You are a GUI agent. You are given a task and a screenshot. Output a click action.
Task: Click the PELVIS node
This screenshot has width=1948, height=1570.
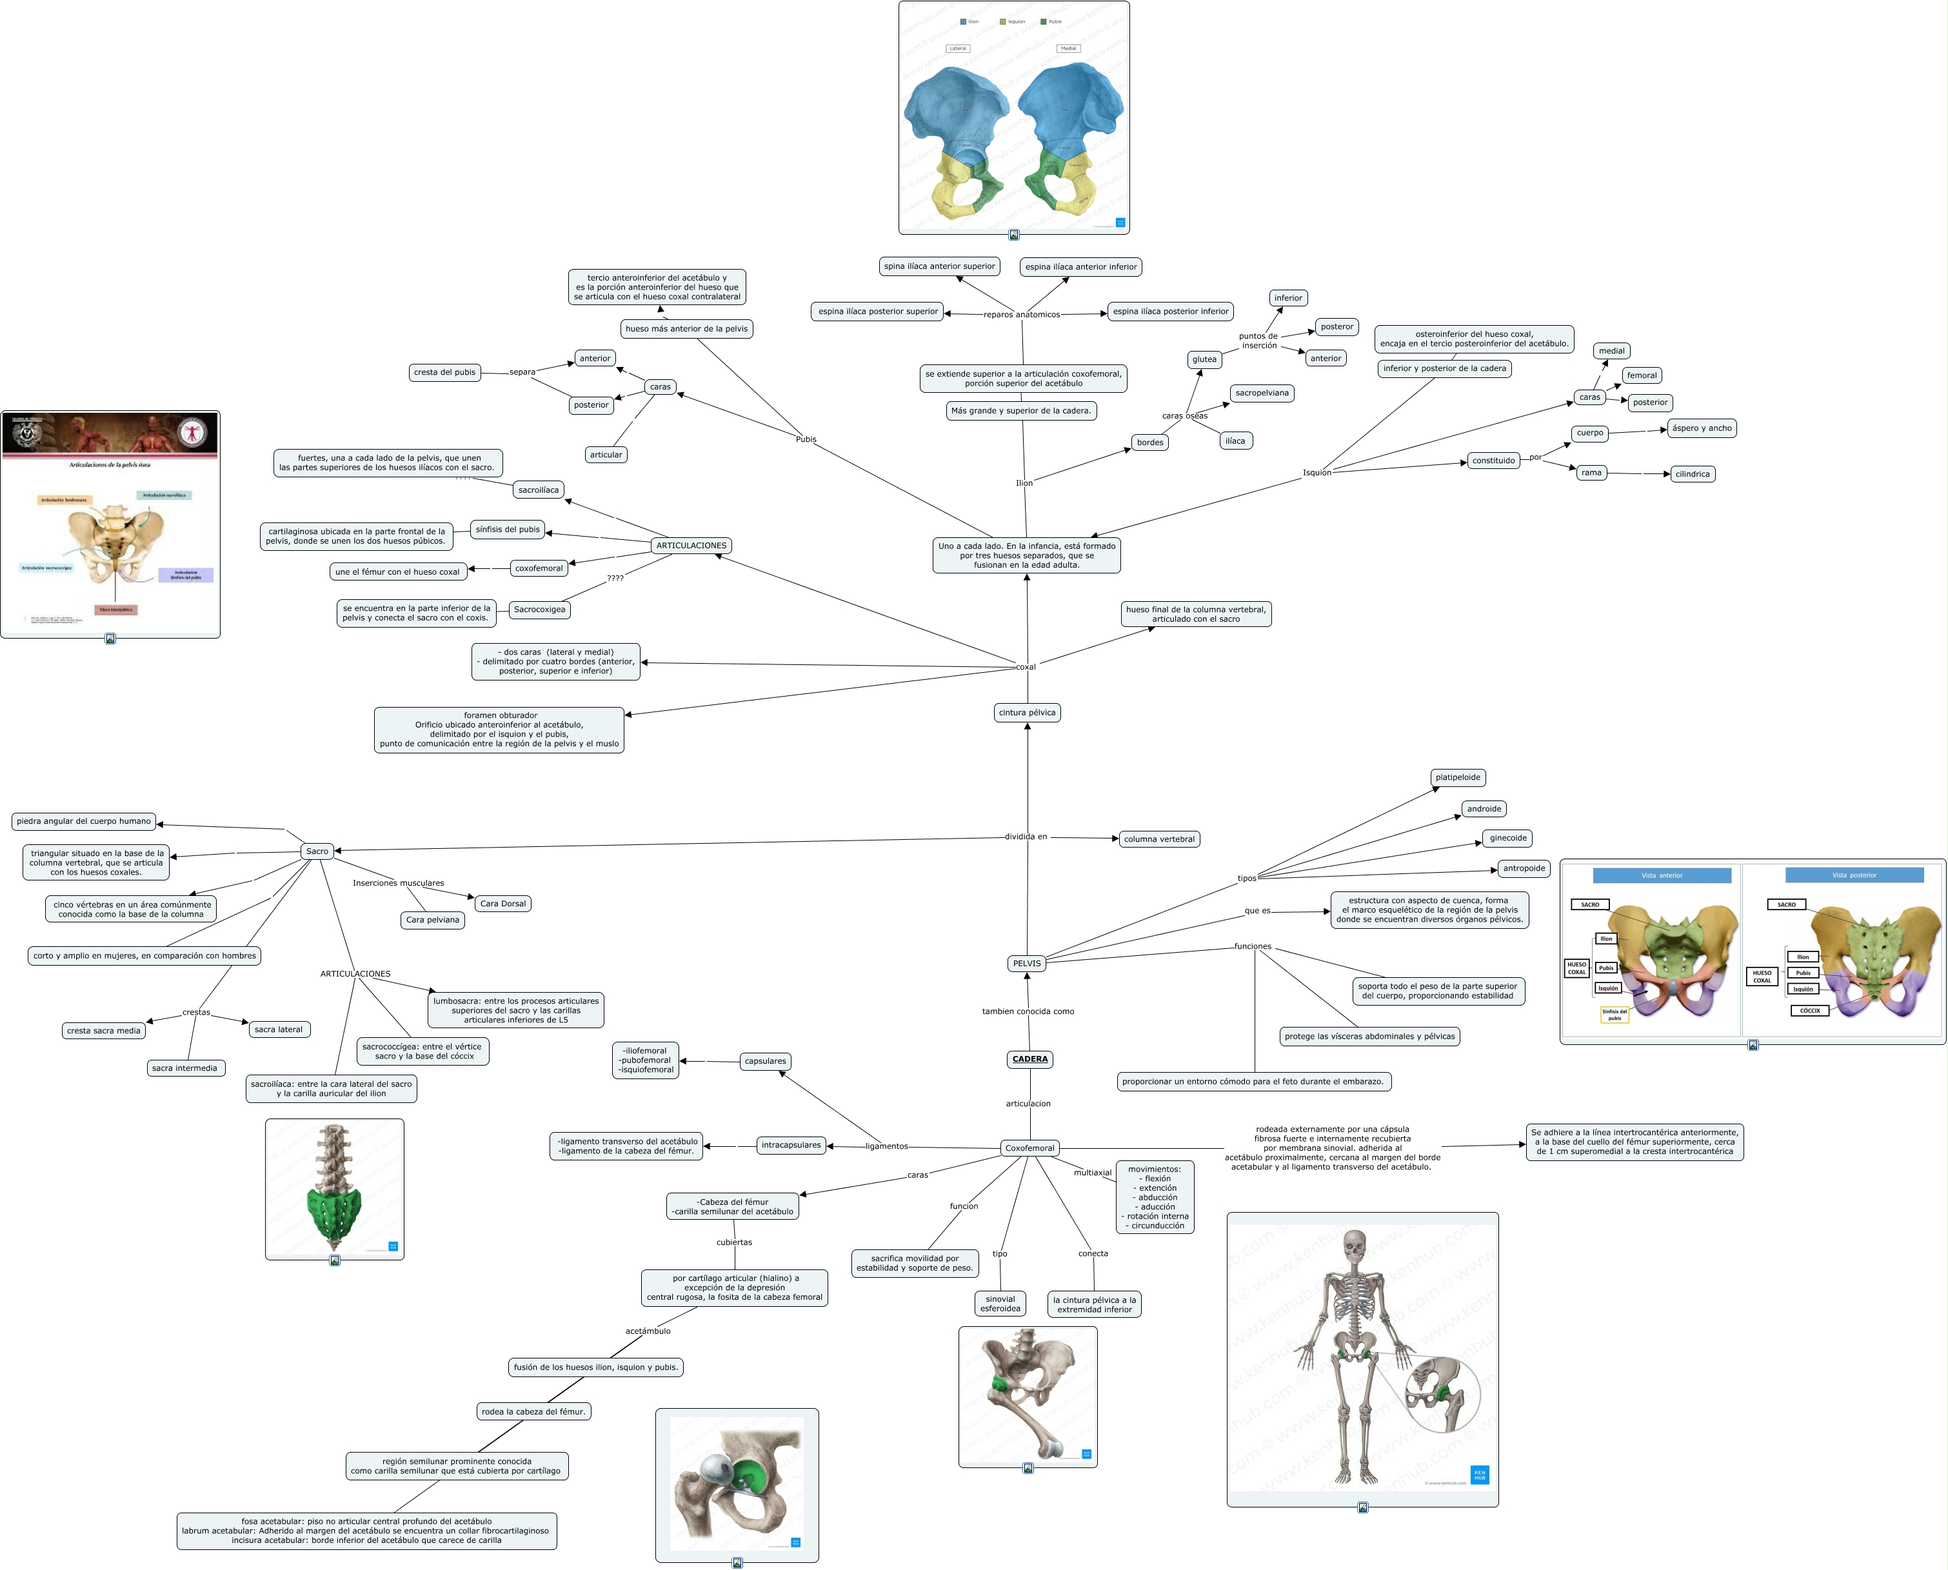[1026, 963]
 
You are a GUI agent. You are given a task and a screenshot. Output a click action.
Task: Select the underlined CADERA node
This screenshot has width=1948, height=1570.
[1030, 1059]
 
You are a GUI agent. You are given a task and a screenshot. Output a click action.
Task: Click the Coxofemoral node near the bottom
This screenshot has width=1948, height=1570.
[1029, 1148]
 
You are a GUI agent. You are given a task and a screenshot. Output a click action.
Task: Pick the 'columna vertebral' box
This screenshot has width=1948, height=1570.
[1158, 839]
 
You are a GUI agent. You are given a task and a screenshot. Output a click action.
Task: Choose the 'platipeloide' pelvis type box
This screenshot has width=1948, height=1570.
[1458, 778]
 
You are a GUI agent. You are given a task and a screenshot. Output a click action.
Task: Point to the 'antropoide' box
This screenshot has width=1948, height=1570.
[1524, 868]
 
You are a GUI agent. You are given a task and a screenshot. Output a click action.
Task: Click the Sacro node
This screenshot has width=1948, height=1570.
[317, 851]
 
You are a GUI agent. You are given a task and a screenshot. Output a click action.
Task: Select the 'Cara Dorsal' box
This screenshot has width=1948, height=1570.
[503, 904]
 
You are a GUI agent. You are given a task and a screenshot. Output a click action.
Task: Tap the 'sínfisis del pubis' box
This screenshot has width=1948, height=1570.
[508, 530]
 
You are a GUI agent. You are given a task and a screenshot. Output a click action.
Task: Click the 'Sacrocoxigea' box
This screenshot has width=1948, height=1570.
[539, 610]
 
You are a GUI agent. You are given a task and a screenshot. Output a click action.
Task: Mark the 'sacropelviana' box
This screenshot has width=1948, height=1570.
[1262, 393]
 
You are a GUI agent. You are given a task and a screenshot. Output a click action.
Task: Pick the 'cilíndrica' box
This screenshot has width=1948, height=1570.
[1692, 474]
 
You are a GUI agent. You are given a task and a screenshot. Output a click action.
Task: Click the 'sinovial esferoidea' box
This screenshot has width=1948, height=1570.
[1000, 1304]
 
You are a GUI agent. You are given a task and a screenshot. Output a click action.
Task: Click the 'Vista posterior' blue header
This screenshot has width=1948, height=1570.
[1854, 875]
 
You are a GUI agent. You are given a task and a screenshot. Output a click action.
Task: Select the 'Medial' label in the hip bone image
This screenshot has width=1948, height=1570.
[1068, 49]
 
